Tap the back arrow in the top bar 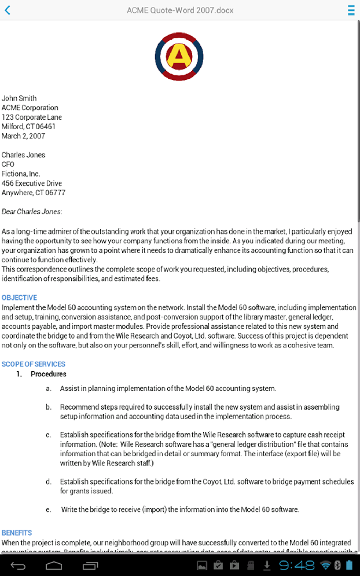point(7,10)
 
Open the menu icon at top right point(351,10)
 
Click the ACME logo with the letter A point(179,57)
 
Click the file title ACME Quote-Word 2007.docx point(180,10)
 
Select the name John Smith point(19,98)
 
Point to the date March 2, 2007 point(23,136)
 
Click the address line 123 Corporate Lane point(32,117)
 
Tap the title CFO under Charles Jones point(8,164)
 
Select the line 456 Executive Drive point(32,183)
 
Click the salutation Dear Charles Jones point(32,212)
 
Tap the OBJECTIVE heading point(19,298)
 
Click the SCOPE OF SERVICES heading point(34,364)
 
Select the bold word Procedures point(48,374)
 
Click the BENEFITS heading point(17,533)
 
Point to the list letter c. point(48,435)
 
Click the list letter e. point(48,510)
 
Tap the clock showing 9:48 point(297,565)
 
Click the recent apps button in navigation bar point(90,566)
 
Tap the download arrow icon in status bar point(267,565)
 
